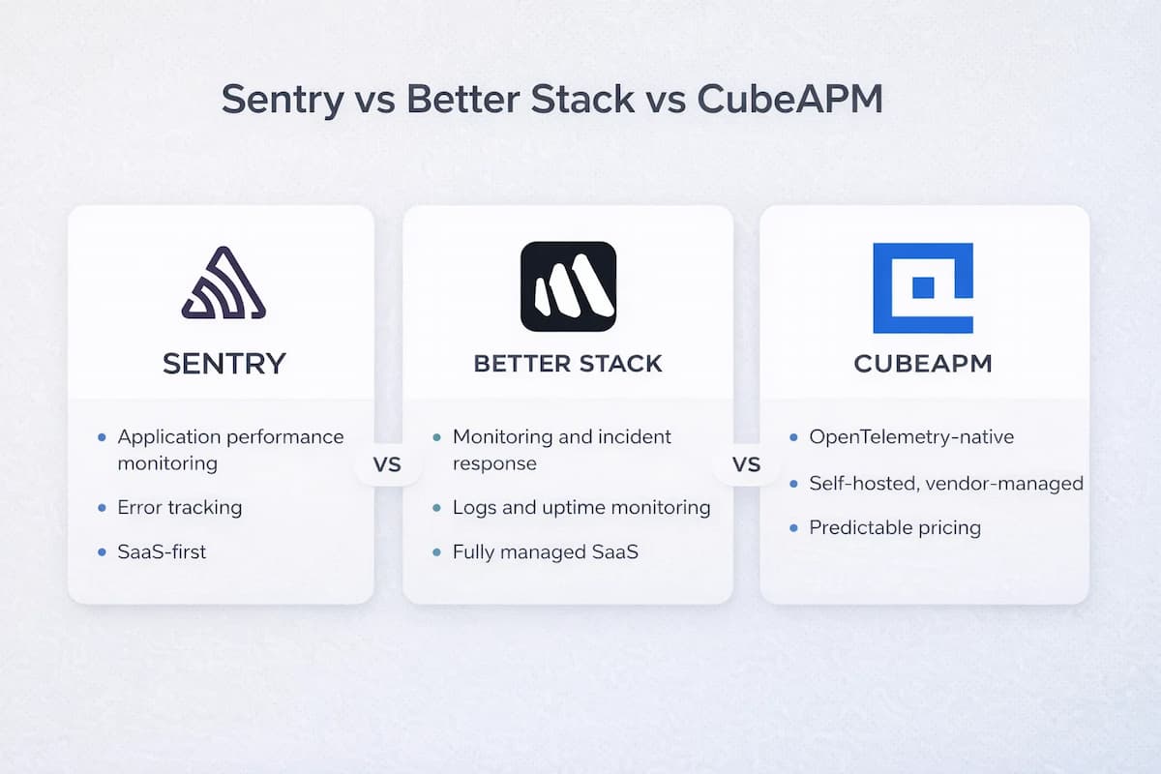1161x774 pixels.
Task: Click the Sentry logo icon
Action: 223,283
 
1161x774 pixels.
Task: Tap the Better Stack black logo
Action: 568,286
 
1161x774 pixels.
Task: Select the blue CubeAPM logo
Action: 923,287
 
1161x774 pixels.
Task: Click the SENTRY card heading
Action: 223,364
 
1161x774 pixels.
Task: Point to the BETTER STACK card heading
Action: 568,364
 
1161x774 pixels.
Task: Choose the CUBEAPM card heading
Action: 923,364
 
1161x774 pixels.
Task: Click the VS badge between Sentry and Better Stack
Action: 387,465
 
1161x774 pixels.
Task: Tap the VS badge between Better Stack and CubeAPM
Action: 747,465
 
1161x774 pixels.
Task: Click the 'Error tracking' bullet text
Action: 180,507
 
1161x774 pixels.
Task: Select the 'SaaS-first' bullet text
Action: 162,552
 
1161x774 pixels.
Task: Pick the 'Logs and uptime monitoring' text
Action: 581,507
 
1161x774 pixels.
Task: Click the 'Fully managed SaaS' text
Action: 546,552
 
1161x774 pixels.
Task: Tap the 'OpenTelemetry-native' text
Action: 911,437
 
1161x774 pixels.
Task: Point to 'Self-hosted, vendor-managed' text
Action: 946,483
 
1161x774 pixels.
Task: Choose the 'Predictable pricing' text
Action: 895,528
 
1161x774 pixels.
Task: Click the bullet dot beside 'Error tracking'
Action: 103,508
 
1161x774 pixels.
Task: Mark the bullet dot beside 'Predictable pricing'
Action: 793,528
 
